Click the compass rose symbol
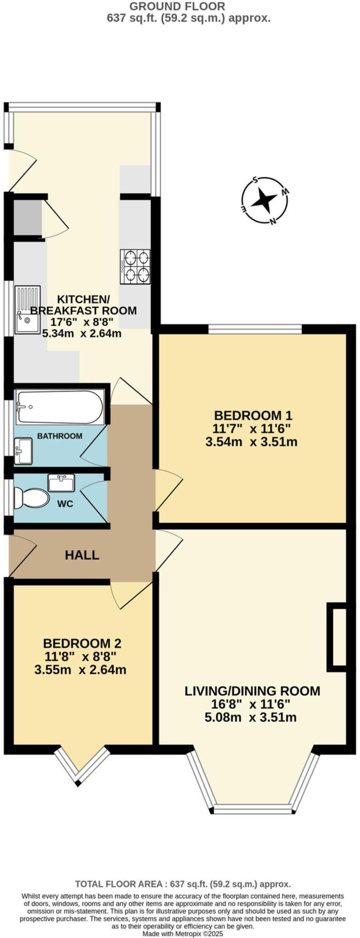[264, 201]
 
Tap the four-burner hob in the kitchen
[135, 266]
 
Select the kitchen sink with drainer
[27, 310]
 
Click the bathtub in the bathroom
[60, 407]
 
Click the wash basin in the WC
[61, 483]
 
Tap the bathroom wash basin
[23, 451]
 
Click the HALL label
[82, 555]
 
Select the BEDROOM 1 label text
[253, 415]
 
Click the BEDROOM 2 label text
[82, 643]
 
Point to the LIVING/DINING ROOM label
[252, 691]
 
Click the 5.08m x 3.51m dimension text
[251, 717]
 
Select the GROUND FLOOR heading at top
[177, 7]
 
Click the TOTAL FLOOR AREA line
[183, 884]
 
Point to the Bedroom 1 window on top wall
[255, 329]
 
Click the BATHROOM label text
[60, 436]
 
